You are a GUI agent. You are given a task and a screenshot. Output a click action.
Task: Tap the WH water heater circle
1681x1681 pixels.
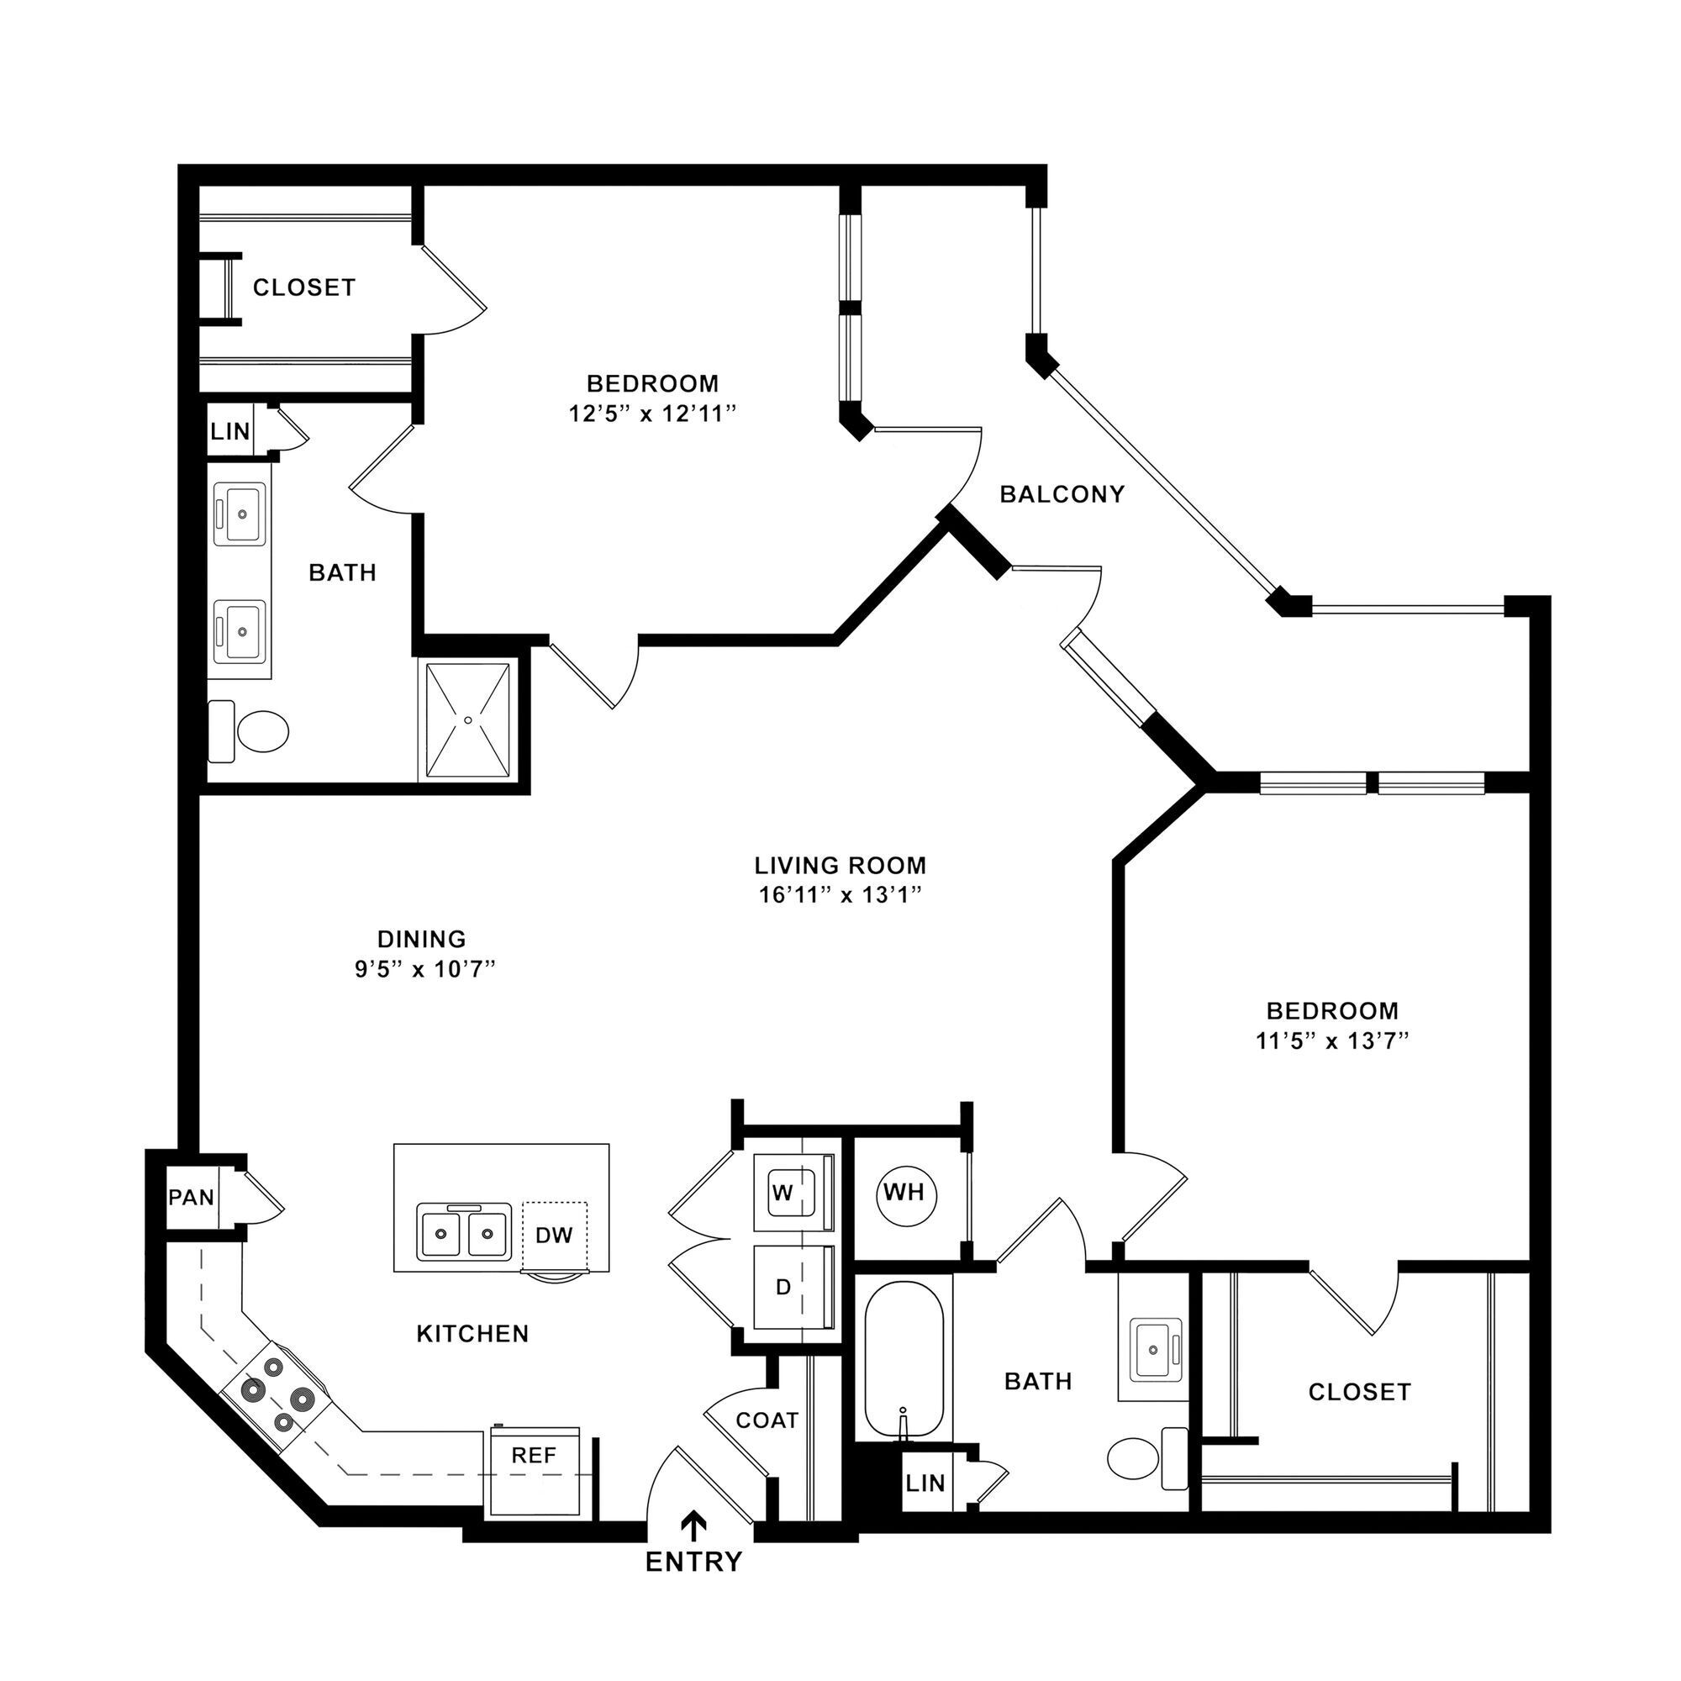coord(904,1193)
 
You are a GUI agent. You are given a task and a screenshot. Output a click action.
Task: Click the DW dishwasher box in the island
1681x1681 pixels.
coord(554,1236)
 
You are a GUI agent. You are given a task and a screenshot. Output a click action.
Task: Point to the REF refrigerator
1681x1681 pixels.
coord(534,1457)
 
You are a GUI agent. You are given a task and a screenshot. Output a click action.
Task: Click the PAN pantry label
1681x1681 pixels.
coord(192,1197)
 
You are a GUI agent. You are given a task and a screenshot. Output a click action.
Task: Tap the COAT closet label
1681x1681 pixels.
coord(767,1420)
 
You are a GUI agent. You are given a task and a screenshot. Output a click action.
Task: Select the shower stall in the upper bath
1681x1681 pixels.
coord(468,719)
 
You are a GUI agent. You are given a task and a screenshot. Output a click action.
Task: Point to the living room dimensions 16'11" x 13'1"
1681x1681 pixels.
coord(840,895)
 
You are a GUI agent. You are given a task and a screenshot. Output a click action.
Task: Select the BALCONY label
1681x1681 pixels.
coord(1062,494)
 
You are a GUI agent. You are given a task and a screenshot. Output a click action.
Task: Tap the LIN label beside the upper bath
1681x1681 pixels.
coord(229,430)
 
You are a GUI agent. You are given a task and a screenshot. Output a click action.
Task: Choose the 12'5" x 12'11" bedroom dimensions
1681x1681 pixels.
coord(652,414)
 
